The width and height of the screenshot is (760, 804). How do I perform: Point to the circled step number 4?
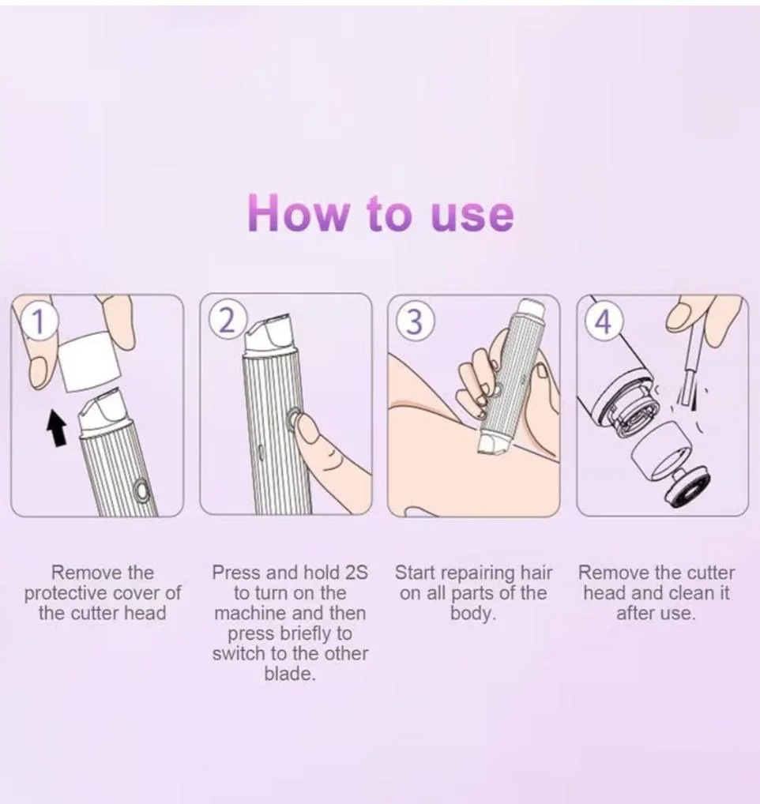604,322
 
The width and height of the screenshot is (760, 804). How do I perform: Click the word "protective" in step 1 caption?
61,593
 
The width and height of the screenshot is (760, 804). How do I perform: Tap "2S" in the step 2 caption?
356,573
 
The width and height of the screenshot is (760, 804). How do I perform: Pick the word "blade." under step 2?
289,673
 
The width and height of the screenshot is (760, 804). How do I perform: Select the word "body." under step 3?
472,613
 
